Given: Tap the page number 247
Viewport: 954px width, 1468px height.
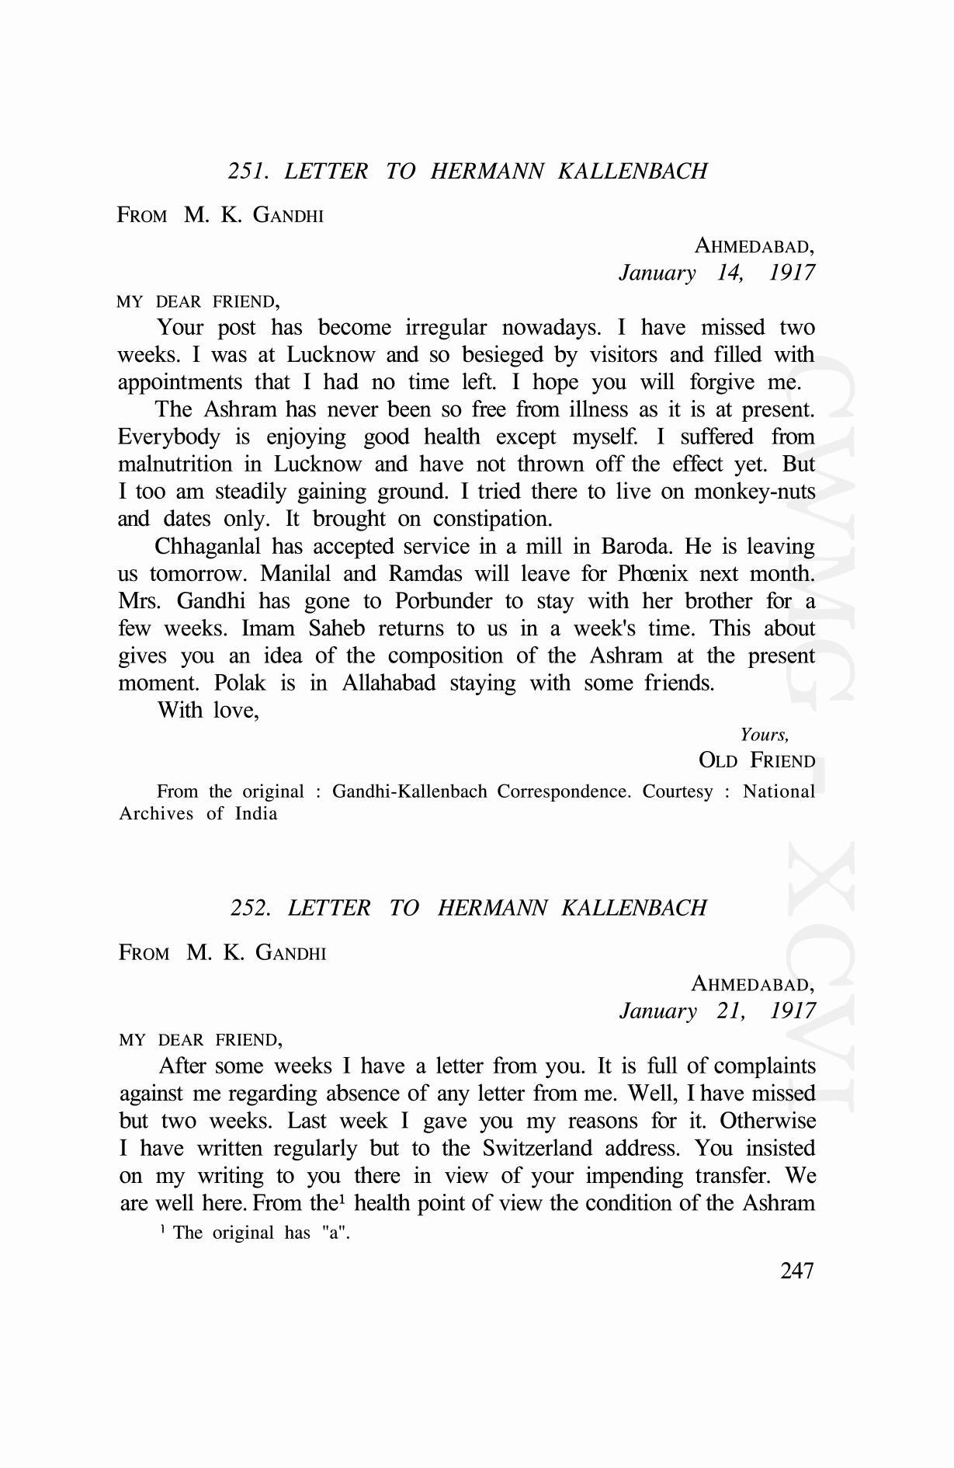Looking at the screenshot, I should click(x=797, y=1271).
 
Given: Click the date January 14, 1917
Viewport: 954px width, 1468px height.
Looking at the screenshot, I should click(x=716, y=273).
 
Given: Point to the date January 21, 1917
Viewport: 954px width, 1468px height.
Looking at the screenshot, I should click(x=717, y=1011).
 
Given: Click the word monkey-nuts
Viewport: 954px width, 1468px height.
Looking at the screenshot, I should click(x=755, y=492).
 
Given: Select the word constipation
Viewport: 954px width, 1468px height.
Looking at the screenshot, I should click(x=492, y=519).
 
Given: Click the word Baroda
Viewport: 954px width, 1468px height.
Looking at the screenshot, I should click(x=637, y=547).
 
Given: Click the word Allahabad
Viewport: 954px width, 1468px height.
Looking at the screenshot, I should click(x=389, y=684).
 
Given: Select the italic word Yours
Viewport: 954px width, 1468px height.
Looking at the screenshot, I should click(x=764, y=735).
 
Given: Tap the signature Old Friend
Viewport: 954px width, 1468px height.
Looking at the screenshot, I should click(x=757, y=760).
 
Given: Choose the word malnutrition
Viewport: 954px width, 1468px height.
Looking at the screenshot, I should click(x=175, y=464).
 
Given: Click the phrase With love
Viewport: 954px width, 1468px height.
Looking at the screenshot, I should click(x=208, y=710).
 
